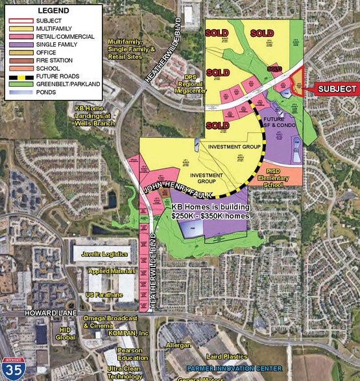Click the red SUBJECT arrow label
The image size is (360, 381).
[x=336, y=89]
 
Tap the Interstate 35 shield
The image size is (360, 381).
[x=12, y=367]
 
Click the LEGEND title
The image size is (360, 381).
[x=53, y=11]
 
